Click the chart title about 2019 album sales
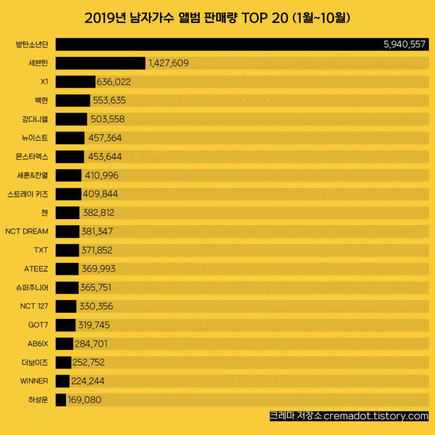(217, 19)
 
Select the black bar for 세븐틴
(100, 63)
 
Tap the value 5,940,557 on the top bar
(404, 45)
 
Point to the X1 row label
(44, 82)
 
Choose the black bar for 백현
(73, 100)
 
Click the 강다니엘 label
(32, 119)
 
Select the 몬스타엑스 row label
(32, 157)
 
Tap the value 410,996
(101, 176)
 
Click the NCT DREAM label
(27, 231)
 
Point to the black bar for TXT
(67, 250)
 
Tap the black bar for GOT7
(65, 325)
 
